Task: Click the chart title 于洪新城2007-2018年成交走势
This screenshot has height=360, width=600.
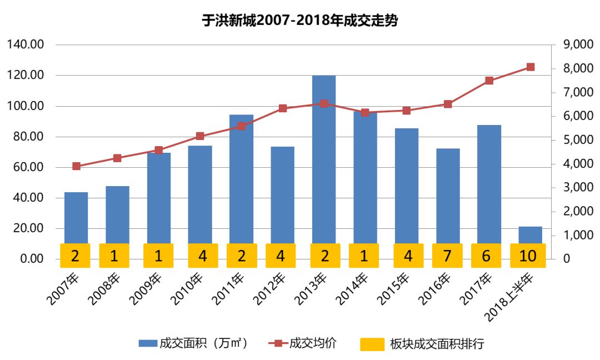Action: [300, 21]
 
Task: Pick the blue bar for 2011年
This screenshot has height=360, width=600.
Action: [241, 178]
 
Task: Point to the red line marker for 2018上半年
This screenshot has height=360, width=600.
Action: [530, 67]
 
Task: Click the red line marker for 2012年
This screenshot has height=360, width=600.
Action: [282, 108]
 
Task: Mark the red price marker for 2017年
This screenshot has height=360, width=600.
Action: [489, 81]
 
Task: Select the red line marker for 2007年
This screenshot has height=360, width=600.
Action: [76, 166]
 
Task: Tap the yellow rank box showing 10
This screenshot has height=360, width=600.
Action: [528, 256]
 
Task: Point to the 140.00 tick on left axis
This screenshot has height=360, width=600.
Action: [26, 45]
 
